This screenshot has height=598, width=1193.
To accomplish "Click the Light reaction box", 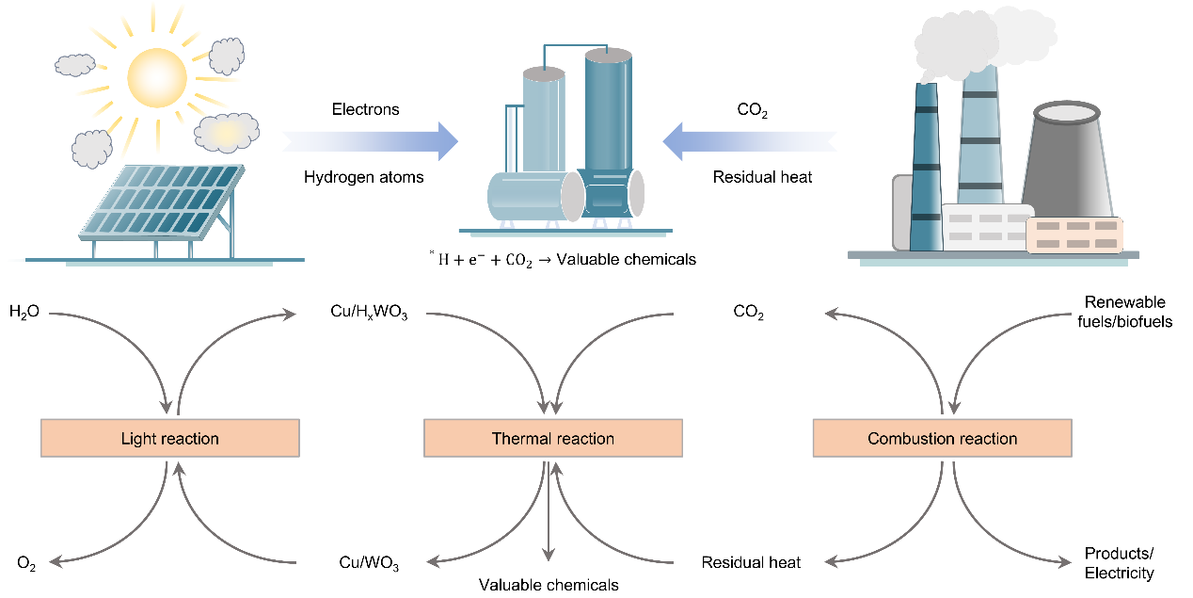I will [169, 439].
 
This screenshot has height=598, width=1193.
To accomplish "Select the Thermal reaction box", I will [552, 439].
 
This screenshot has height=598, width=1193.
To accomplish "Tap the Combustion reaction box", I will [942, 439].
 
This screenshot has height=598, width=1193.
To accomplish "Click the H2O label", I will [24, 311].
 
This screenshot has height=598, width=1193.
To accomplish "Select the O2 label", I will [26, 563].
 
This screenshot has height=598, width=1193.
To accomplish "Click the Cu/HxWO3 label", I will [369, 311].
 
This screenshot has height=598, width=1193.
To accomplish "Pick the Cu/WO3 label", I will [369, 563].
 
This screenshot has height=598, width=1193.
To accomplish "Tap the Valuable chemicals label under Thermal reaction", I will [549, 585].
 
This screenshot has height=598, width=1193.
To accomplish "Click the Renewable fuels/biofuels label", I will [1125, 312].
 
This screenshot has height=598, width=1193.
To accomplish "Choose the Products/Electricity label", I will [1119, 563].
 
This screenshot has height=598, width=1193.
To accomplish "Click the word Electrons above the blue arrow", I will [365, 109].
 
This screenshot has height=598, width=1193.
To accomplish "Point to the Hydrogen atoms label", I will [363, 177].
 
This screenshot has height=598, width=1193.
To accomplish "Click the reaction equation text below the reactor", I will [562, 259].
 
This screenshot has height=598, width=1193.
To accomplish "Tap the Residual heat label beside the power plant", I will [762, 177].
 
